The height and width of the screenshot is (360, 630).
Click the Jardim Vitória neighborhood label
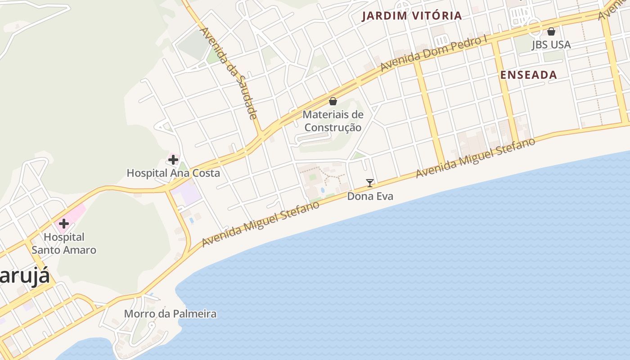click(x=412, y=16)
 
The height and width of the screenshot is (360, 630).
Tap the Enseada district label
click(x=529, y=75)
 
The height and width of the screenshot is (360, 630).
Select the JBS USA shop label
click(x=551, y=45)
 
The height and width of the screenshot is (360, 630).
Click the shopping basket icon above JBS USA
click(x=551, y=31)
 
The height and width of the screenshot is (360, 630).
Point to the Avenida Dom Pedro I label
click(x=434, y=53)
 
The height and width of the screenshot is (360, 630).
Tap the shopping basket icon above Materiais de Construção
click(x=333, y=101)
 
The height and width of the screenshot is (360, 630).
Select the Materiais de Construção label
click(x=333, y=121)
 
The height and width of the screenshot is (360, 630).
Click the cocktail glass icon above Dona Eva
click(x=370, y=183)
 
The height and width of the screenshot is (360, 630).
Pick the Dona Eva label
click(x=370, y=196)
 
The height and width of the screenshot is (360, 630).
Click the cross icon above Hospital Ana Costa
click(x=173, y=159)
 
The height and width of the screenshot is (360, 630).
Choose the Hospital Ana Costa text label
click(x=173, y=173)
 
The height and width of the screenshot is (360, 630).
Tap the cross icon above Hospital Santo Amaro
click(x=64, y=224)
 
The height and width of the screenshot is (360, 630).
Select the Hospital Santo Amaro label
click(x=64, y=243)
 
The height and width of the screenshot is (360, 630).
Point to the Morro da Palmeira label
click(x=170, y=314)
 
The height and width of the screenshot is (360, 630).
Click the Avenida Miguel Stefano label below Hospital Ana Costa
click(x=261, y=224)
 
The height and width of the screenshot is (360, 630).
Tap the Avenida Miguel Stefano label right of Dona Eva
click(x=476, y=157)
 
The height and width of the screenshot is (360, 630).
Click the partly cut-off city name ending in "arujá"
click(x=25, y=276)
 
